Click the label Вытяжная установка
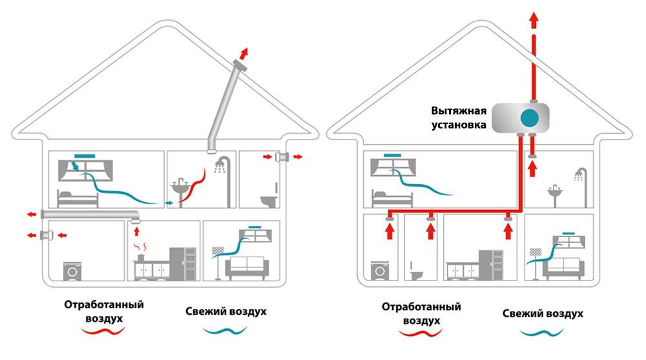(460, 116)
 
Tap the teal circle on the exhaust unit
(530, 117)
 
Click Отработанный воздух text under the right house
(420, 313)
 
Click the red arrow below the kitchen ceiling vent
(136, 230)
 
